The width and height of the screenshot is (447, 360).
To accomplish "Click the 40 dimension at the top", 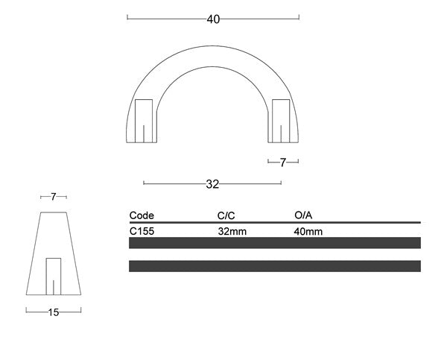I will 213,19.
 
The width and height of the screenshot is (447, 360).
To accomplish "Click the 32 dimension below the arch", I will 212,184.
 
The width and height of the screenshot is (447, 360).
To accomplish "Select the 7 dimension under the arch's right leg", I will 283,162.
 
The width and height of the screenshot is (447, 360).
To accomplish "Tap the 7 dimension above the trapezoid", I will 53,198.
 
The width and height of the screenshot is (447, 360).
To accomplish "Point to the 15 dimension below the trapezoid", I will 53,313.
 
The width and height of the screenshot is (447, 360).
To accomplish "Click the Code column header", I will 142,215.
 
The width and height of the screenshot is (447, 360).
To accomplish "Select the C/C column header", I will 226,215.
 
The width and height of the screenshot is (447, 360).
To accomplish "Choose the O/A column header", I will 303,215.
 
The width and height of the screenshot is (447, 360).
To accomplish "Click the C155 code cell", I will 142,231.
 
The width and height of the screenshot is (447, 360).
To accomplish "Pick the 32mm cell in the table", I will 232,231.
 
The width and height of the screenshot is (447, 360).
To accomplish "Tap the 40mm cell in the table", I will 308,231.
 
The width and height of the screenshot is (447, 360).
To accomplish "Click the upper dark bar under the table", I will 274,243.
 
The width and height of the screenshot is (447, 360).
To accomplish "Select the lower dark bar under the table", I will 274,266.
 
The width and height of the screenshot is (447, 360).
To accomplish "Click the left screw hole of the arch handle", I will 145,120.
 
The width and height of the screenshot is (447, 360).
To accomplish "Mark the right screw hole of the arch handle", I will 281,120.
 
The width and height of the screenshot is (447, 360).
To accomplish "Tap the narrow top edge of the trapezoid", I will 53,212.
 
